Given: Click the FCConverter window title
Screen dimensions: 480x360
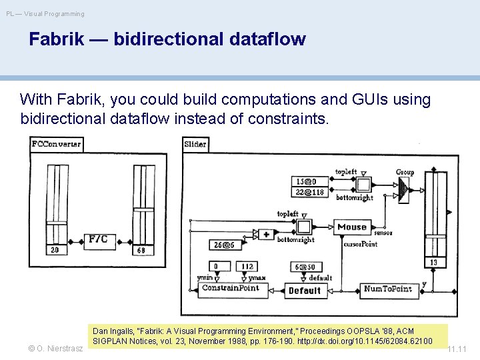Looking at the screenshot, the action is (56, 144).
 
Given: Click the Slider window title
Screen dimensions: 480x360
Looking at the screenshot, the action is (195, 144).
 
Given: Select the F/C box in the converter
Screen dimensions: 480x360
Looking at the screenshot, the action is (98, 239).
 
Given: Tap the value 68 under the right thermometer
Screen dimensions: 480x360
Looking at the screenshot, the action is (141, 250).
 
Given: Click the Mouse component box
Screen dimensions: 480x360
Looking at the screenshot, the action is (352, 227).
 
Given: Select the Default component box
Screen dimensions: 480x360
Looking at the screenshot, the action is (304, 291).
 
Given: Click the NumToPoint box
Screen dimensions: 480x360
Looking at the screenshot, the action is (387, 289).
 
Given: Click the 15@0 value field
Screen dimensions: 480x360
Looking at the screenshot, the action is (308, 181).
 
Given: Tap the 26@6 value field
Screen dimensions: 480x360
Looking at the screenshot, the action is (225, 245).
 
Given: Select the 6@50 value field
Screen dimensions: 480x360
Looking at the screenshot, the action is (306, 267).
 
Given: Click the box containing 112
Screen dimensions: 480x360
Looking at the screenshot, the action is (247, 267).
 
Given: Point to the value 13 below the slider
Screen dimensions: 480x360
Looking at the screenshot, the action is (433, 263).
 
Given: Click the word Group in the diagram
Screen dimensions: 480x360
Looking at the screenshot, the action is (405, 172).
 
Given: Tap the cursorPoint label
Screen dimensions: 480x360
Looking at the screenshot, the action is (360, 244).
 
